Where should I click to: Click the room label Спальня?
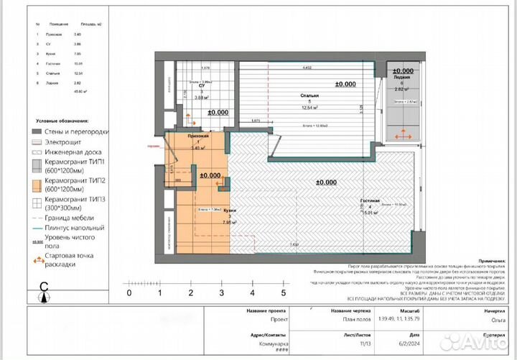(309, 95)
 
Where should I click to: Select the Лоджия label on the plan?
(403, 78)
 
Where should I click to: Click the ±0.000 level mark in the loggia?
(402, 71)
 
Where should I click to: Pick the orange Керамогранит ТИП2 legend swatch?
(37, 183)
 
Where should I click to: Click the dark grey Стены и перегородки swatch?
(37, 131)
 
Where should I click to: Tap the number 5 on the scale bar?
(284, 292)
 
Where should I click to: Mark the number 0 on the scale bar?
(129, 292)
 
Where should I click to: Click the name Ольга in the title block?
(490, 323)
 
